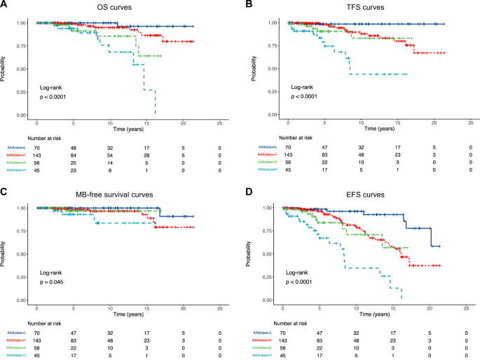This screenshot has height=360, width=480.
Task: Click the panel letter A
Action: pos(4,6)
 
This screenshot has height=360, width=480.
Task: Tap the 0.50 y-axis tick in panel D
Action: pos(270,254)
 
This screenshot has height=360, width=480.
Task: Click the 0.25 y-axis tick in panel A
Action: pos(22,92)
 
